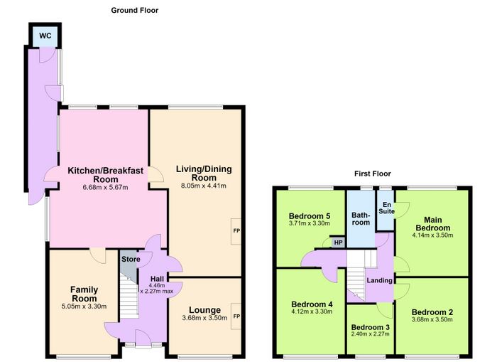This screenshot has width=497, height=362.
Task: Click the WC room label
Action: [x=45, y=36]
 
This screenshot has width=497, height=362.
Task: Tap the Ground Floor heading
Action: [x=135, y=10]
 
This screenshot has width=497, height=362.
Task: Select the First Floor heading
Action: [x=373, y=174]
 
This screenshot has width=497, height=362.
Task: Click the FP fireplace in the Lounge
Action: [x=236, y=316]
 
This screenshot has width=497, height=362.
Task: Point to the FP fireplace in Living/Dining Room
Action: [x=236, y=231]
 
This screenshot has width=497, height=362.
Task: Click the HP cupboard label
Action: [x=338, y=243]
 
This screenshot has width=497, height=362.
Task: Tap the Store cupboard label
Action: [x=131, y=259]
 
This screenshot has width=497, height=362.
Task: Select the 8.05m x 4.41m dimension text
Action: [x=204, y=186]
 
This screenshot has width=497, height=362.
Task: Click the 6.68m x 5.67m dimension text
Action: [x=105, y=187]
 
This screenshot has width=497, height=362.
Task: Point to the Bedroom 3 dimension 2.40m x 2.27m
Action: [x=370, y=334]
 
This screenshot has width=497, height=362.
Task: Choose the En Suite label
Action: [x=387, y=208]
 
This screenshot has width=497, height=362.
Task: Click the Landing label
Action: [x=379, y=280]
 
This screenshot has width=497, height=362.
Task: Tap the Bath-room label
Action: [x=361, y=219]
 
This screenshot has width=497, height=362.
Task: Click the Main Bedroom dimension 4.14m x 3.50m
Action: [x=432, y=235]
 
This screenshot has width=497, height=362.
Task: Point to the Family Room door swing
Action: [x=98, y=255]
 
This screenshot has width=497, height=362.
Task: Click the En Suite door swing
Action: [x=402, y=211]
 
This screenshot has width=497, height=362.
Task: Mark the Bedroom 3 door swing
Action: [x=385, y=310]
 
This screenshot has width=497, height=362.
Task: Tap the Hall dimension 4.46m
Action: [x=157, y=285]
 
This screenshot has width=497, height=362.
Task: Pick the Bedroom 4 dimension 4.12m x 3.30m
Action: [x=312, y=312]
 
